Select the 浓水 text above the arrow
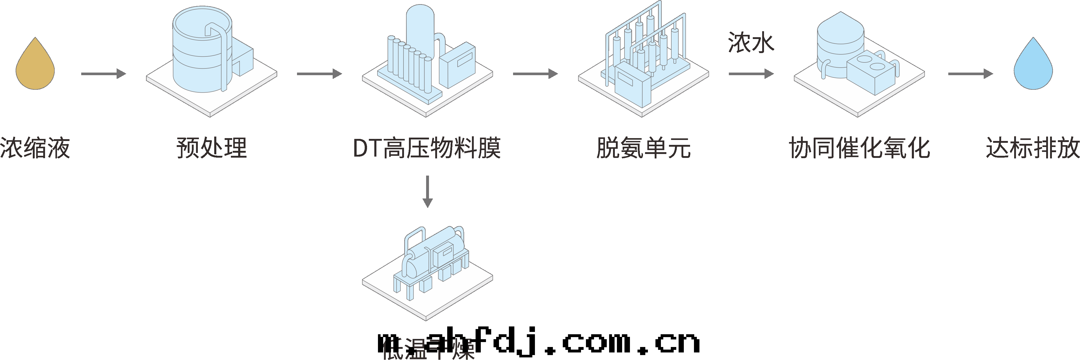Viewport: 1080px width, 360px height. [750, 43]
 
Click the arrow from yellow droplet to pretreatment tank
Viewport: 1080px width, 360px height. [103, 74]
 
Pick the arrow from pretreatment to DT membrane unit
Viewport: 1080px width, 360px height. [319, 74]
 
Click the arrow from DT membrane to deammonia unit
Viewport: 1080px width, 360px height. [535, 74]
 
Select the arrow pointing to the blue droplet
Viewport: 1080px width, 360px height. [970, 74]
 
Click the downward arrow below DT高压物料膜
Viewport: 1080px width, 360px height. [427, 191]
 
